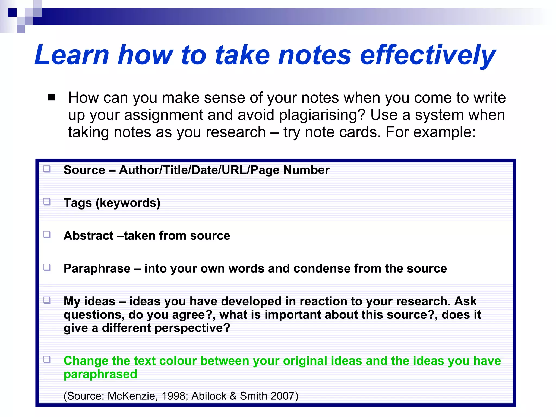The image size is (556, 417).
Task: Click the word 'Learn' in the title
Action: click(72, 55)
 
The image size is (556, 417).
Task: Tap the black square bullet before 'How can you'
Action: click(51, 97)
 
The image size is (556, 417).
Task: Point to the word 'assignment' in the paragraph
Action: click(163, 115)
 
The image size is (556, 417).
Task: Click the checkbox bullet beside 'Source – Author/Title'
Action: click(47, 169)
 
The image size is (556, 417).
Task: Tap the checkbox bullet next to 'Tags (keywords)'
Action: click(47, 202)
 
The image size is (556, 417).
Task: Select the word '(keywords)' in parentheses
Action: click(128, 203)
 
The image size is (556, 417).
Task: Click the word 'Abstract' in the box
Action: click(88, 235)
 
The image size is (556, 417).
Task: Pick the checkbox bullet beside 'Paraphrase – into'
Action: click(47, 267)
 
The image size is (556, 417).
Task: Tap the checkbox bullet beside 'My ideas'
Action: click(47, 300)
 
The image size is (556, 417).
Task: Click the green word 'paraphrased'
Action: click(100, 374)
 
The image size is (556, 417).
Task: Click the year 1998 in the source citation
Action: click(173, 396)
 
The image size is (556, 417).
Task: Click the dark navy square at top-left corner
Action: click(12, 12)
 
